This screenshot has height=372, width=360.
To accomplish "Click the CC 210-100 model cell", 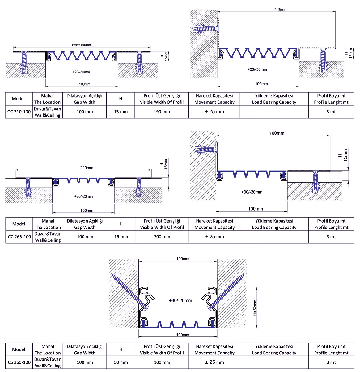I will point(19,112).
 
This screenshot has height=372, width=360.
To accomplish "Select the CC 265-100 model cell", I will point(19,237).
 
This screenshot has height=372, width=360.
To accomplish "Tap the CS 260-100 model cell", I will point(19,362).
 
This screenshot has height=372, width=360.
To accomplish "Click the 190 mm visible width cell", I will point(162,112).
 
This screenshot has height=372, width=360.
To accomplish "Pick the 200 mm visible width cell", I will point(162,237).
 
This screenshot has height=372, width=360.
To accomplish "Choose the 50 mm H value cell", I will point(121,362).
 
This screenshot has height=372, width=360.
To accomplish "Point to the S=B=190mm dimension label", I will point(82,45).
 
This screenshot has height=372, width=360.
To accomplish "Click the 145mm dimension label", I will point(281,10).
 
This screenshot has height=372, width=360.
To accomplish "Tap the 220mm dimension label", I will point(87,168).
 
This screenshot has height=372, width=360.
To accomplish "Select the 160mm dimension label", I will point(277,133).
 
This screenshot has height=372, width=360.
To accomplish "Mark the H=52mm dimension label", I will point(255,307).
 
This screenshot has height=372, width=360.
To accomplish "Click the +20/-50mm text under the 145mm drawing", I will point(257,69).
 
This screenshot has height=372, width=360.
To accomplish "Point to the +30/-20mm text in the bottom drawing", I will point(180,300).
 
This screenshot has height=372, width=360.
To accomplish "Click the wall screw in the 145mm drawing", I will point(204,29).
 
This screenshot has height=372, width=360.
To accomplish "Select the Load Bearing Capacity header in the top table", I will point(274,99).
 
